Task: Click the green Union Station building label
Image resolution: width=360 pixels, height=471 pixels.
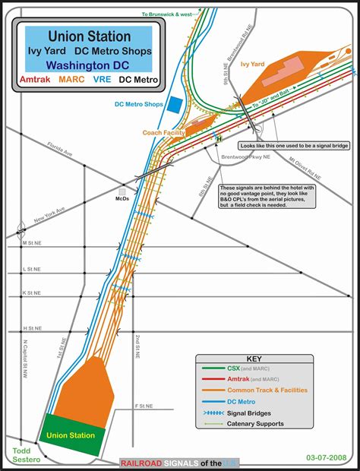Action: [x=71, y=435]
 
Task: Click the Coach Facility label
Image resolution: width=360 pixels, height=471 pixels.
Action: [x=163, y=132]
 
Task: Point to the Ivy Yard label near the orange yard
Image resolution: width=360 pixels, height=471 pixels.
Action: [x=253, y=65]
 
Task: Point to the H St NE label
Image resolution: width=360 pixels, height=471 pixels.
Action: [x=32, y=328]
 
